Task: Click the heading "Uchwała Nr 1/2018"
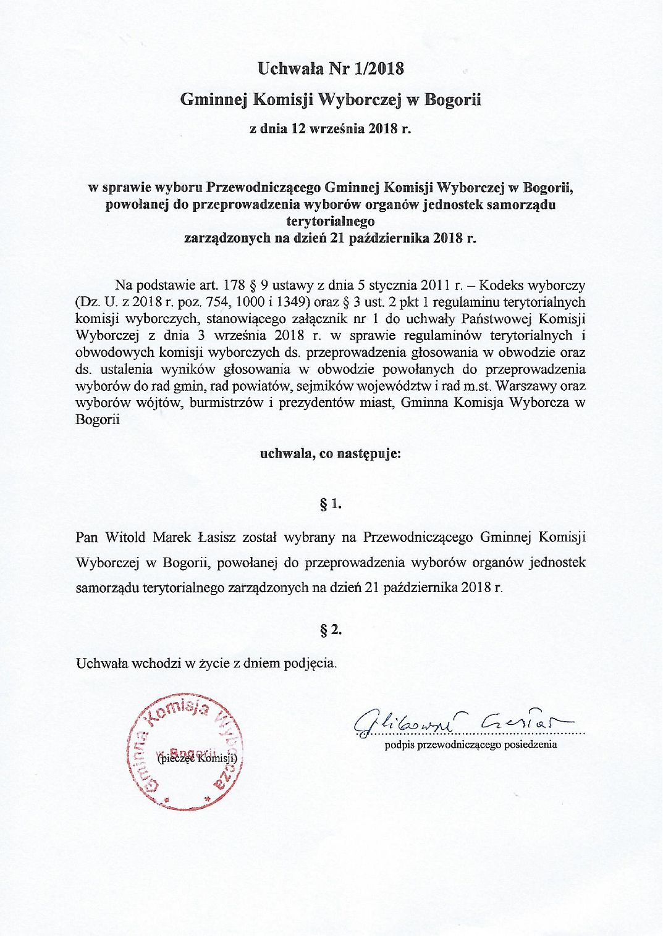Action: tap(331, 69)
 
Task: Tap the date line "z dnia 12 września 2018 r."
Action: tap(330, 130)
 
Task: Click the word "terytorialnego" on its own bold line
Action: tap(331, 220)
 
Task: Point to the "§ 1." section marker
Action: tap(331, 504)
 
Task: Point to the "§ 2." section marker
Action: tap(331, 630)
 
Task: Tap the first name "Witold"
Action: tap(125, 537)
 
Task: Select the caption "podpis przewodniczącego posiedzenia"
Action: tap(471, 745)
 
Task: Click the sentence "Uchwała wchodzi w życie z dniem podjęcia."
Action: tap(206, 664)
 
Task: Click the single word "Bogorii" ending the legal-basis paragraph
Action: tap(98, 420)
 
